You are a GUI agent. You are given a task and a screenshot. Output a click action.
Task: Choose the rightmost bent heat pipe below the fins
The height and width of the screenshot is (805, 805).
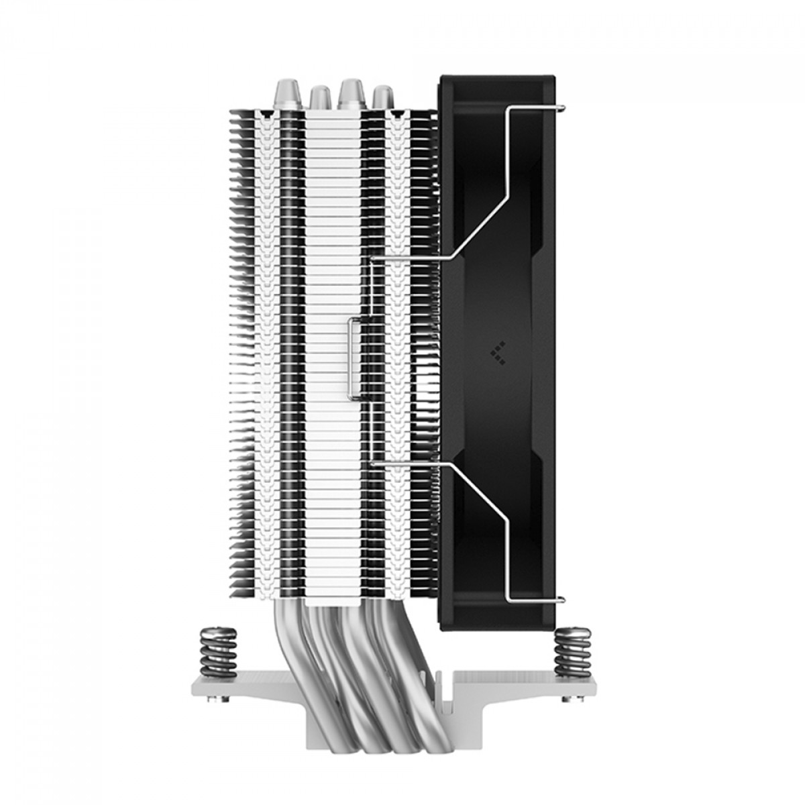click(423, 698)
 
